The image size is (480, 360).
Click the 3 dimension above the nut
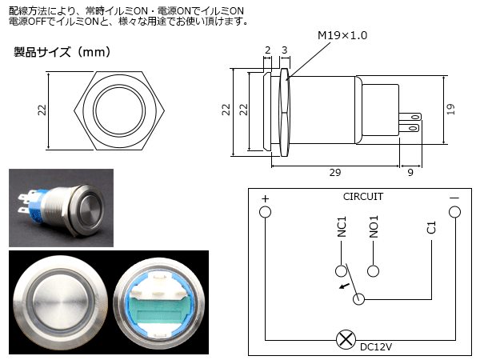point(285,50)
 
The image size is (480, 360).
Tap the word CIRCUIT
point(363,196)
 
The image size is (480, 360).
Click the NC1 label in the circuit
point(342,228)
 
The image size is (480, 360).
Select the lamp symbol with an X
point(345,339)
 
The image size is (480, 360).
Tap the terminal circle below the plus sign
point(265,212)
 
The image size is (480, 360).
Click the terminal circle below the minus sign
point(454,212)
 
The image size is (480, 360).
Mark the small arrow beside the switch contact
point(345,285)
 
